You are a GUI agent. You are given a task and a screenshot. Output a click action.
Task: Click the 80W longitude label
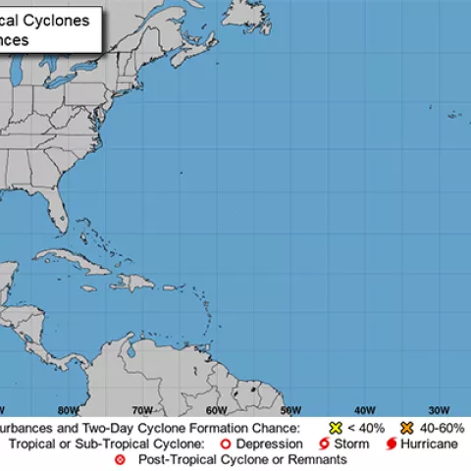[68, 410]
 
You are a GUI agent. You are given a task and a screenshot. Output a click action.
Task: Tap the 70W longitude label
[141, 410]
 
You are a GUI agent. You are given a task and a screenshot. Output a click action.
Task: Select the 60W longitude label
[216, 410]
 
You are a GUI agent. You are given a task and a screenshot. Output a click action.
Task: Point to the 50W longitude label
[289, 410]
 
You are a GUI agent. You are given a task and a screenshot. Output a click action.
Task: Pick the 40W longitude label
[364, 410]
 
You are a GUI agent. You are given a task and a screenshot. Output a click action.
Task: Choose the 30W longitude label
[438, 410]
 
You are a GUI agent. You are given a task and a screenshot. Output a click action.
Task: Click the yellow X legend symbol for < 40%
[336, 429]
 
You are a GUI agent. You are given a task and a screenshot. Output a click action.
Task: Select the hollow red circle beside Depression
[224, 445]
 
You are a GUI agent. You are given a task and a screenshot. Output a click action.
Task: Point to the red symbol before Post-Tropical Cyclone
[121, 459]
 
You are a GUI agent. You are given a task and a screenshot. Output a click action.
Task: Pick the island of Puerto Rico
[165, 290]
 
